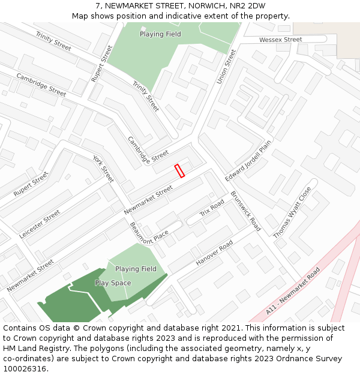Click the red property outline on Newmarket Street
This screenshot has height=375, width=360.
coord(179,171)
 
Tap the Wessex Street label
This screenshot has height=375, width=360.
coord(280,40)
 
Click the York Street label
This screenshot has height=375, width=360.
coord(103,169)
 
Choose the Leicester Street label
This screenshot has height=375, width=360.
coord(40,224)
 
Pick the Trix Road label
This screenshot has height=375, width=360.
coord(212,209)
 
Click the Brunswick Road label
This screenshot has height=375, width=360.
coord(245,211)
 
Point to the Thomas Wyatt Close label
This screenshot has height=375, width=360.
coord(292,212)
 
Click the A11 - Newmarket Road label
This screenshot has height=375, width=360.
coord(293,292)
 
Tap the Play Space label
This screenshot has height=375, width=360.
coord(113,283)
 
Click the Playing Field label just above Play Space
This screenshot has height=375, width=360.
coord(136,269)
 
